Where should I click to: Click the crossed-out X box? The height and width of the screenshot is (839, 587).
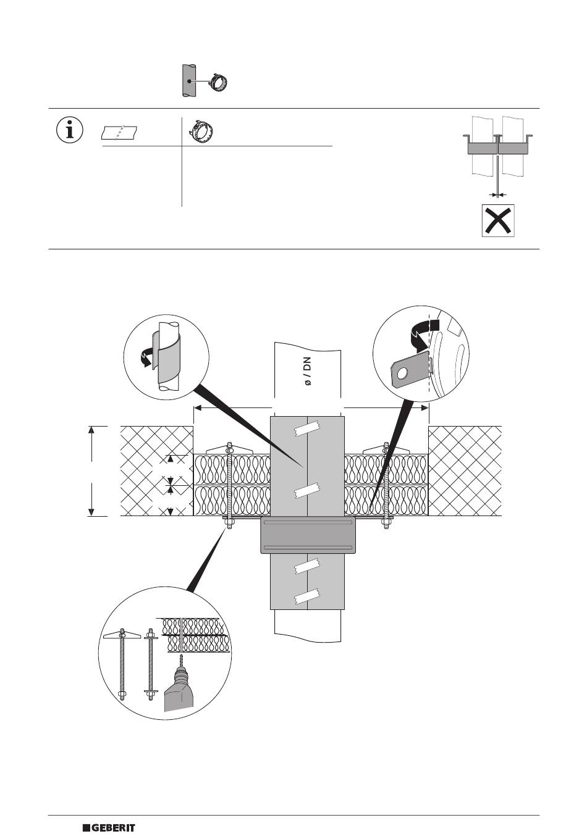click(x=498, y=221)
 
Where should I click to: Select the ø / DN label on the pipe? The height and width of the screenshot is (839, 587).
click(x=307, y=371)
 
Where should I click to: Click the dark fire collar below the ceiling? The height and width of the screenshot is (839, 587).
click(x=308, y=535)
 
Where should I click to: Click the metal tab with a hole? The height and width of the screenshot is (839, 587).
click(x=408, y=370)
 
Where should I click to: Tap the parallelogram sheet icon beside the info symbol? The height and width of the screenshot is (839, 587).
click(x=119, y=132)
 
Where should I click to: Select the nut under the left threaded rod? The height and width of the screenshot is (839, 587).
click(x=229, y=524)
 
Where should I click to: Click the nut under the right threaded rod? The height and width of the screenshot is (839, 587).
click(x=386, y=524)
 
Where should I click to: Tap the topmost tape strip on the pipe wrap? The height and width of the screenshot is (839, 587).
click(x=307, y=428)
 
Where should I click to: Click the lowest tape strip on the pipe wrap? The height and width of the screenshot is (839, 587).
click(x=307, y=596)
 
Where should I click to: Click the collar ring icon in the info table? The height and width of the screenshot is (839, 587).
click(x=201, y=131)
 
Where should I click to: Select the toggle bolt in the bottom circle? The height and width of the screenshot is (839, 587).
click(x=122, y=664)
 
